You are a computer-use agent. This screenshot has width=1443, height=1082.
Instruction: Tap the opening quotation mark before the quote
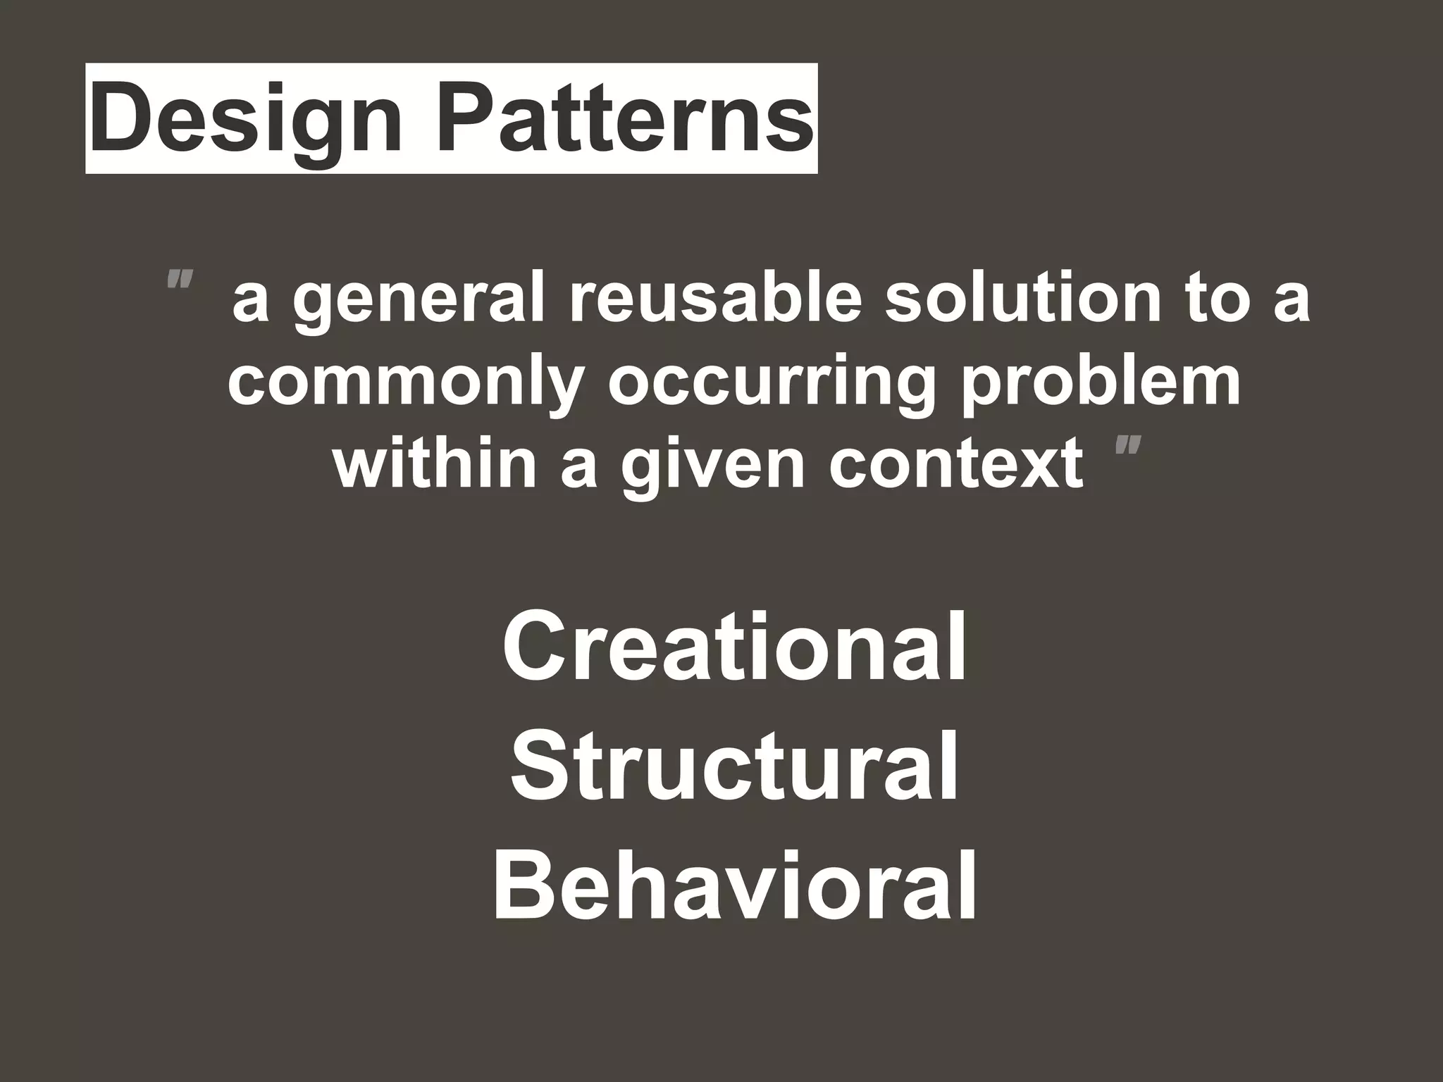pyautogui.click(x=179, y=281)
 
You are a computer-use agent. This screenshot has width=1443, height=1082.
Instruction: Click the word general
pyautogui.click(x=419, y=301)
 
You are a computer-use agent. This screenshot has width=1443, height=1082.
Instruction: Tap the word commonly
pyautogui.click(x=406, y=384)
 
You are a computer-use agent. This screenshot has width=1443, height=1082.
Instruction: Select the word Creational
pyautogui.click(x=734, y=646)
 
